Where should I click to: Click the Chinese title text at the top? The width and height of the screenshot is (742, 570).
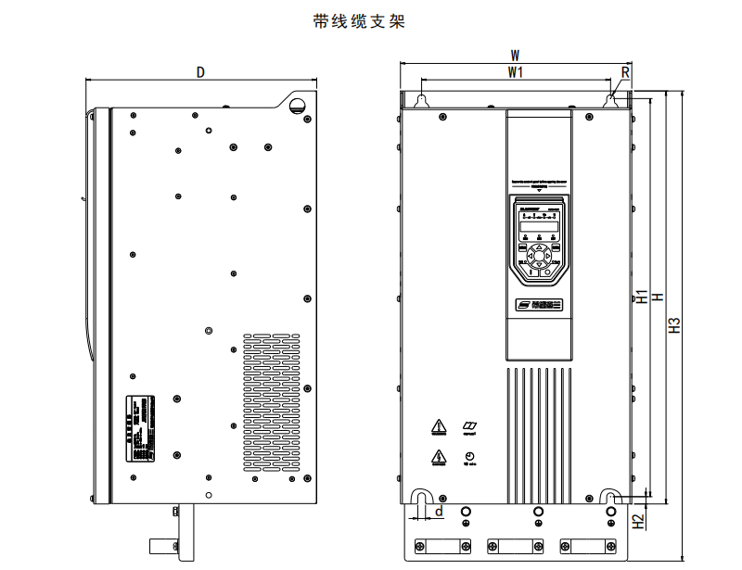pyautogui.click(x=360, y=20)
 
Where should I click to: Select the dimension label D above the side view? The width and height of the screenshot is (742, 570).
pyautogui.click(x=200, y=72)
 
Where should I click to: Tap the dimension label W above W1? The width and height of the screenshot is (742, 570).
pyautogui.click(x=516, y=56)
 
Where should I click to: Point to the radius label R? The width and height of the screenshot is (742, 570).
pyautogui.click(x=626, y=71)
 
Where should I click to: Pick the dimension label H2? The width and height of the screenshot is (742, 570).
pyautogui.click(x=639, y=522)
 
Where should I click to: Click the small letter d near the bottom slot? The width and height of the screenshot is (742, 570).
pyautogui.click(x=439, y=511)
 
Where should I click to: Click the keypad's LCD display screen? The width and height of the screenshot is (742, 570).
pyautogui.click(x=538, y=225)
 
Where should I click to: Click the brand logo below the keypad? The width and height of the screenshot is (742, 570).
pyautogui.click(x=538, y=303)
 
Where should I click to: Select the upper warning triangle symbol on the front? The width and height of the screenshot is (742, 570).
pyautogui.click(x=438, y=427)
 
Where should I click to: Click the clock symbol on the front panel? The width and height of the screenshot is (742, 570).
pyautogui.click(x=469, y=456)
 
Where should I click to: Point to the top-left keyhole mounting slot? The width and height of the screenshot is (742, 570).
pyautogui.click(x=421, y=100)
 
